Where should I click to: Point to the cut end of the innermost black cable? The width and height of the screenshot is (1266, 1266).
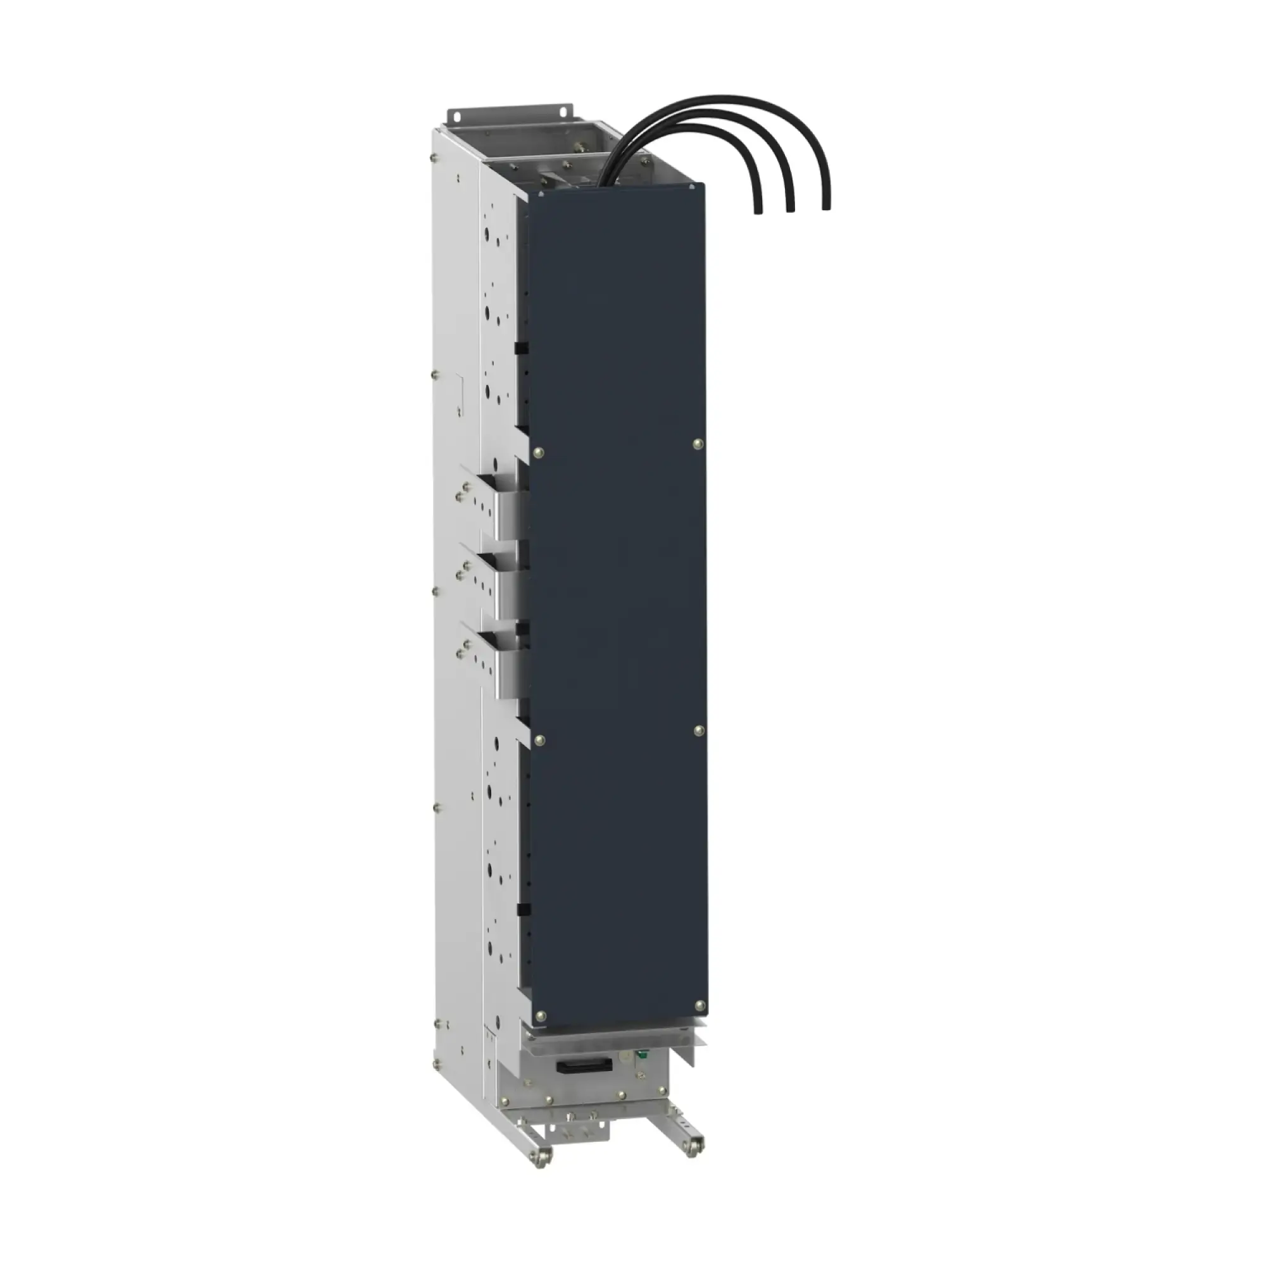pyautogui.click(x=758, y=211)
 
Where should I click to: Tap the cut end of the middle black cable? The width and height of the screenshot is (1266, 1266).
pyautogui.click(x=791, y=210)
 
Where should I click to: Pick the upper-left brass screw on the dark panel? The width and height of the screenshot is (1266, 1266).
pyautogui.click(x=539, y=451)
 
